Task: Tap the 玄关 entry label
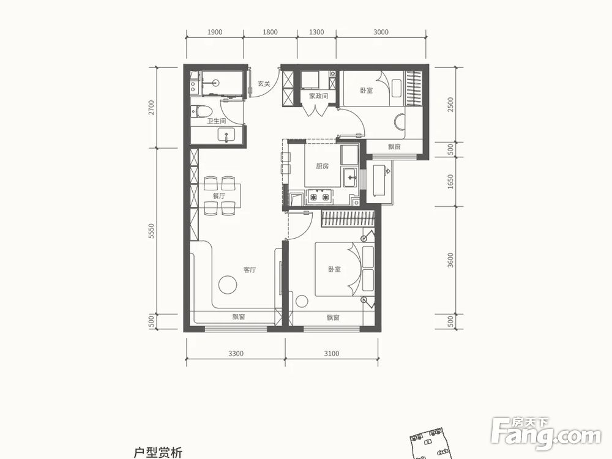point(264,84)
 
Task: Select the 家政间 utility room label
point(318,96)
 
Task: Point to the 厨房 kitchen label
point(323,166)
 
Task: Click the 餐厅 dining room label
point(219,196)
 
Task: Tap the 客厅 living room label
point(249,269)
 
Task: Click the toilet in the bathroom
point(201,111)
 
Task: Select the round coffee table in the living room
point(228,285)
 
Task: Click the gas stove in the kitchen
point(318,197)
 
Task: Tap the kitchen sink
point(350,178)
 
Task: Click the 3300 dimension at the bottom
point(236,353)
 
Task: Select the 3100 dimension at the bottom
point(331,353)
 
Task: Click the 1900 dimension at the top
point(214,32)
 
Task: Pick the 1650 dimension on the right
point(451,182)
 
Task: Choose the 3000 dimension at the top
point(381,32)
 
